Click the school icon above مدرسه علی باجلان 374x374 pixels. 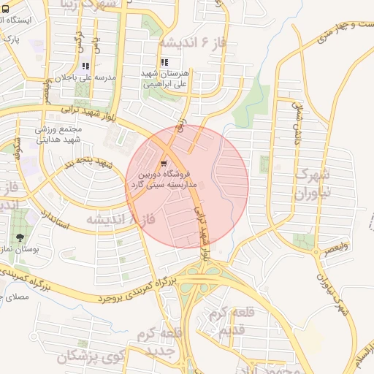pyautogui.click(x=86, y=66)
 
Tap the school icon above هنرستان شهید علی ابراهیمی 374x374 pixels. pyautogui.click(x=164, y=63)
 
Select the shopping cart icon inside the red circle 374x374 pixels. pyautogui.click(x=164, y=164)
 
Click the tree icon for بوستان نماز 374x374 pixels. pyautogui.click(x=20, y=238)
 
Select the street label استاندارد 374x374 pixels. pyautogui.click(x=54, y=219)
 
